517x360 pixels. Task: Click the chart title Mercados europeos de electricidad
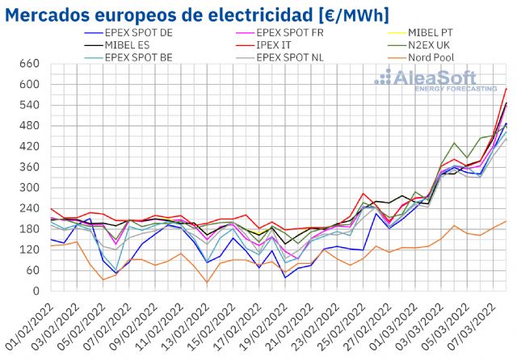(200, 15)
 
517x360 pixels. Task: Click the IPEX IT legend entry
(275, 44)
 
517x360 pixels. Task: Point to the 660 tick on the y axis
(28, 64)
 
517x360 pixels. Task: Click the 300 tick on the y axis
(28, 188)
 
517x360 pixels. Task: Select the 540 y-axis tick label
(28, 105)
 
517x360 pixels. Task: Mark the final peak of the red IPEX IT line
(506, 88)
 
